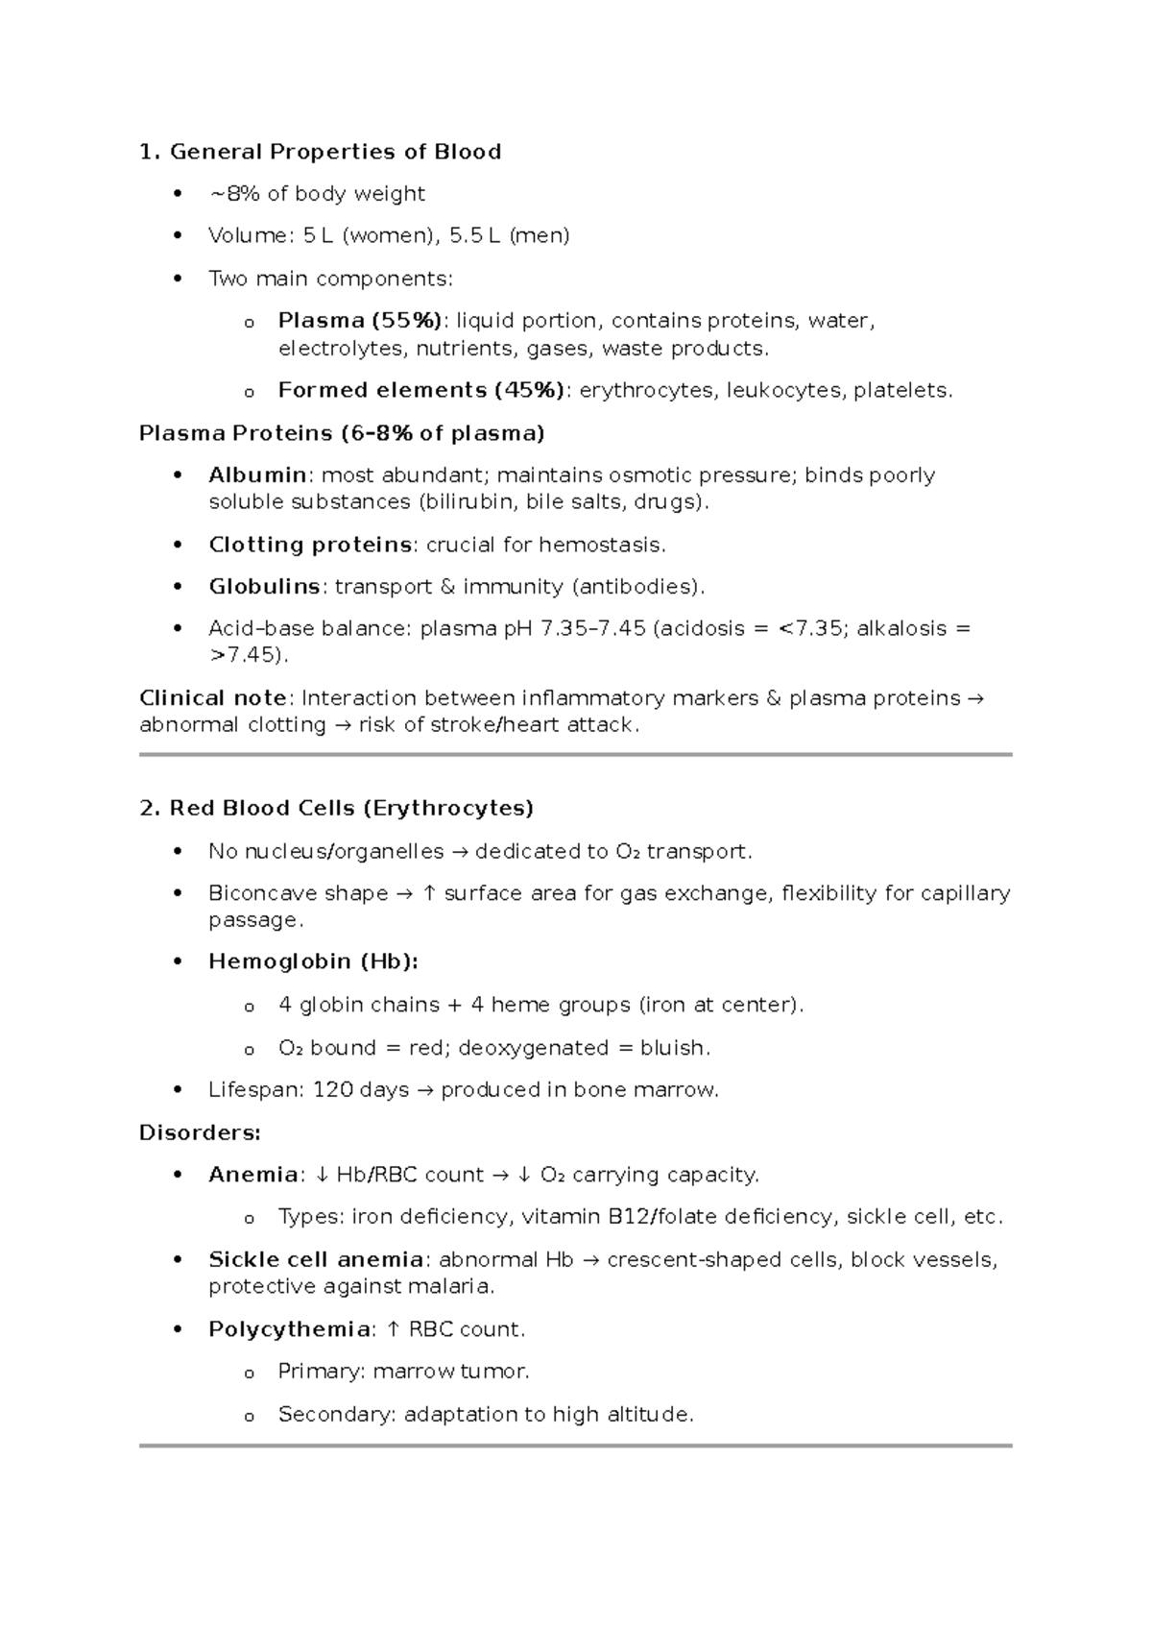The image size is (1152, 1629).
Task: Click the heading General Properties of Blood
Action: tap(334, 152)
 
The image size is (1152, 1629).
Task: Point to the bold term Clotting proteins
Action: tap(310, 545)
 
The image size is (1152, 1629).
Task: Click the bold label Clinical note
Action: tap(212, 698)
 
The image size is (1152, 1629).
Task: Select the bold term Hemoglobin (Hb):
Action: tap(313, 961)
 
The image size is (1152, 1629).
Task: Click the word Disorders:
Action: tap(200, 1132)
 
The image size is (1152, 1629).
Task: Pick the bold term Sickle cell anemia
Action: tap(316, 1259)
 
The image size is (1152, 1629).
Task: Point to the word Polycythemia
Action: tap(289, 1329)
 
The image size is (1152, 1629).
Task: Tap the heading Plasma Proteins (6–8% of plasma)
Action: tap(342, 433)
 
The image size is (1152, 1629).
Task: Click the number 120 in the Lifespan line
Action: tap(332, 1090)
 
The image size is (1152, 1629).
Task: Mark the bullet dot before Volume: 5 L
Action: tap(176, 236)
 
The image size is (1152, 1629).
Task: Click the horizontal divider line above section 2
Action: tap(575, 755)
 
